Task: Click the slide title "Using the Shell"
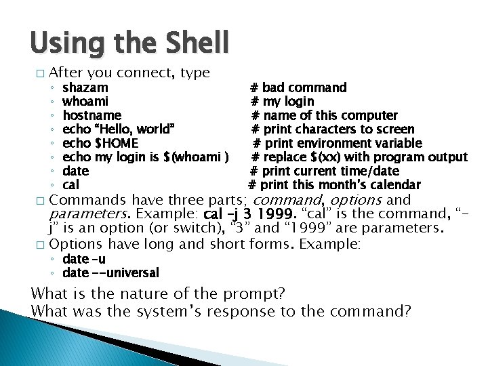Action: (129, 43)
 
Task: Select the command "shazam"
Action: (85, 87)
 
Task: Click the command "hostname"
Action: (91, 116)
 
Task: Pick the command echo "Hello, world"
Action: (119, 129)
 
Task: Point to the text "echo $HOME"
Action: (100, 144)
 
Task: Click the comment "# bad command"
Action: (298, 87)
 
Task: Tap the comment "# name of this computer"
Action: (324, 116)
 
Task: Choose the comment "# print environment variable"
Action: (338, 144)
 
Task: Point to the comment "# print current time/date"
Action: (325, 171)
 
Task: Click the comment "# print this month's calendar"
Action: (334, 185)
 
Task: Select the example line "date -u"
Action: (83, 259)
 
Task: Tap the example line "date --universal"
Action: (110, 273)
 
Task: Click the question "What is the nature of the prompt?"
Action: (158, 294)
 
